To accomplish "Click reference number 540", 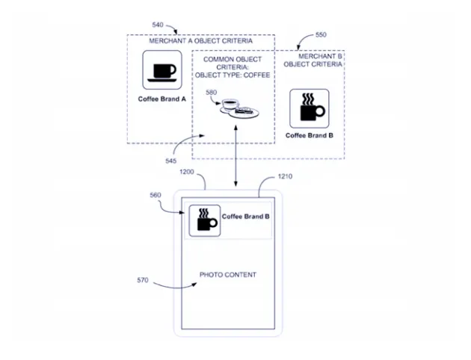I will coord(158,25).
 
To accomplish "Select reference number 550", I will coord(320,35).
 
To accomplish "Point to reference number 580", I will coord(212,93).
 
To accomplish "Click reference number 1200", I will coord(187,172).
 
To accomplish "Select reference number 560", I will coord(156,195).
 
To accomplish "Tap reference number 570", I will coord(142,281).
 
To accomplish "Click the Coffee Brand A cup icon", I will coord(163,71).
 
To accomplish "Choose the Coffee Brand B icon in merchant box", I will coord(309,108).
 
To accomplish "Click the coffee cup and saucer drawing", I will coord(238,109).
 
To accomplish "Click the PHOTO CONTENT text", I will coord(227,275).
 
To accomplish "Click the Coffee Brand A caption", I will coord(161,99).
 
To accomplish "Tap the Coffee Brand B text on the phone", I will coord(246,217).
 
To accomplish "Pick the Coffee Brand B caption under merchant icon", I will coord(309,136).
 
